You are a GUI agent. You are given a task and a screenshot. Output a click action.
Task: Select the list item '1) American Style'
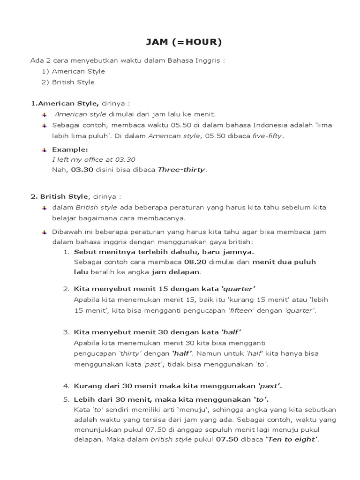[73, 71]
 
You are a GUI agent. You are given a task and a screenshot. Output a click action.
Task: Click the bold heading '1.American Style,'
[65, 103]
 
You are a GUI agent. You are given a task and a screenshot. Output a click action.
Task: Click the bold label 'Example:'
[70, 150]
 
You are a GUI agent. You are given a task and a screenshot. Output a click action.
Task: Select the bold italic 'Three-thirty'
[182, 170]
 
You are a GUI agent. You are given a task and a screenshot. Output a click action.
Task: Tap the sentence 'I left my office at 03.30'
[94, 159]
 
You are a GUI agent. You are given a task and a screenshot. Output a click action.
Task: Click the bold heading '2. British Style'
[59, 196]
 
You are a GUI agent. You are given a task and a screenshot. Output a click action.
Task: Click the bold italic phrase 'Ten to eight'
[292, 440]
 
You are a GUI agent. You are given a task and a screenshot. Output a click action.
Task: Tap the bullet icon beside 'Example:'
[44, 150]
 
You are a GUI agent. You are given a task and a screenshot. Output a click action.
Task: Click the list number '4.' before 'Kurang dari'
[66, 386]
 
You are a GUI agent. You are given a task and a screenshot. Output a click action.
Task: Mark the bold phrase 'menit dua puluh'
[284, 262]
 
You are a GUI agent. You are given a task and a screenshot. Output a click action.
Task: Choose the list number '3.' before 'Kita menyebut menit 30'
[66, 332]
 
